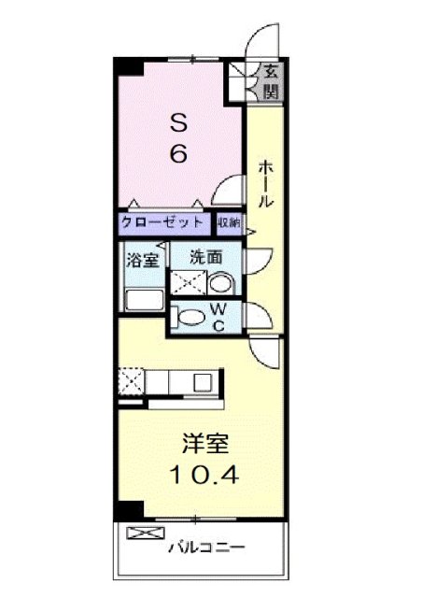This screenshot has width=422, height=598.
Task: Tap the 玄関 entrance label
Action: pyautogui.click(x=270, y=80)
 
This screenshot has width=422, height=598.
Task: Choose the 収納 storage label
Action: pyautogui.click(x=229, y=222)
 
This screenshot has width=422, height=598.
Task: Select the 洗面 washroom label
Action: pyautogui.click(x=204, y=255)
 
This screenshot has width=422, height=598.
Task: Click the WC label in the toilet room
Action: pyautogui.click(x=216, y=317)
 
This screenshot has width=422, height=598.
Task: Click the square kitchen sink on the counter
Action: pyautogui.click(x=202, y=381)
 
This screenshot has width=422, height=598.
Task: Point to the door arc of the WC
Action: pyautogui.click(x=253, y=316)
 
